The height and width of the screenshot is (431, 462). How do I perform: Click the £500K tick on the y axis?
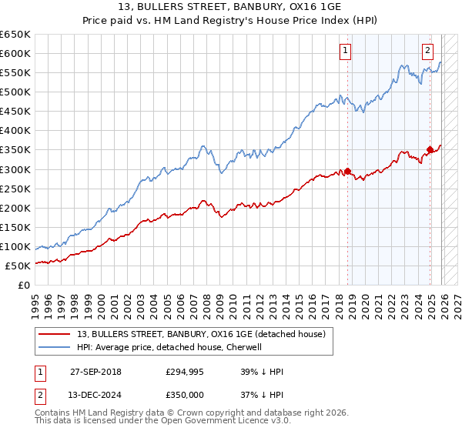15,92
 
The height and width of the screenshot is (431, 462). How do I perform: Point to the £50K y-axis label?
18,266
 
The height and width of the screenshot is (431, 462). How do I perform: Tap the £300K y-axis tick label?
15,169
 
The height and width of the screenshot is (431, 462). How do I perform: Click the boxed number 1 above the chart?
344,52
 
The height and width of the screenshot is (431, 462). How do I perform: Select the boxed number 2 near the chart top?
427,52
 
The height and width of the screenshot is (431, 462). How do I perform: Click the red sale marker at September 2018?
347,171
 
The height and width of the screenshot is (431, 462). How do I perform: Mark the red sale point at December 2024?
430,149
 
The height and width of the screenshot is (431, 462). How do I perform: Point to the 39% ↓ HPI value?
262,372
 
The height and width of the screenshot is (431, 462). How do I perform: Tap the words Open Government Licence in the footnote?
226,423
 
